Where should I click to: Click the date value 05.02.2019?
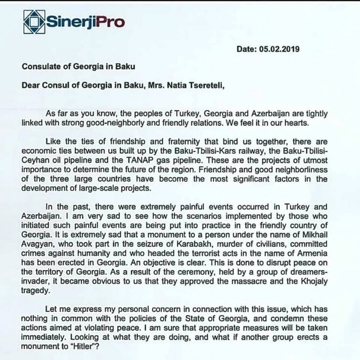(x=279, y=49)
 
